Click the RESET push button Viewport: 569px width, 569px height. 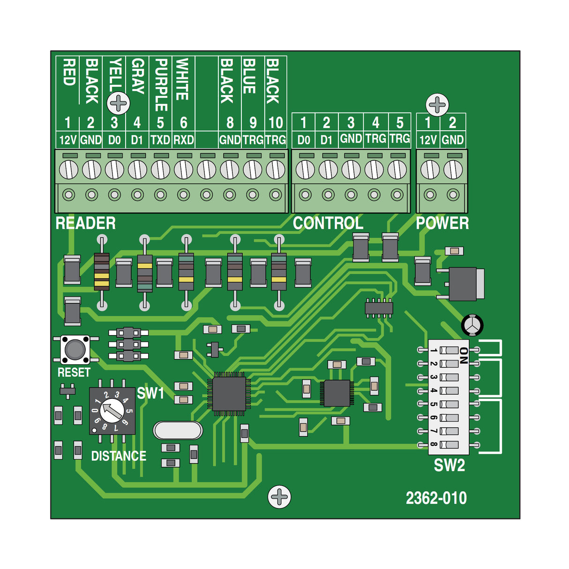tap(75, 349)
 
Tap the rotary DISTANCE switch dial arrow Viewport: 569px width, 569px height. tap(112, 410)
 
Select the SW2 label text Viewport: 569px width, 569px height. tap(449, 465)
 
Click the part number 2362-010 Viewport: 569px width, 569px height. tap(436, 498)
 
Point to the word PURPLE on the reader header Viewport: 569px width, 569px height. tap(161, 84)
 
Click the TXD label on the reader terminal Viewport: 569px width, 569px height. tap(160, 140)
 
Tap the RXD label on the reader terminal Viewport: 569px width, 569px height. tap(184, 140)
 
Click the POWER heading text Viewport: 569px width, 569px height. tap(442, 223)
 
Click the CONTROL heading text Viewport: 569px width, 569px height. tap(328, 223)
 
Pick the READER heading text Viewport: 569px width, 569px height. tap(85, 223)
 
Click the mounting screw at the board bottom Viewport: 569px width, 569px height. tap(279, 497)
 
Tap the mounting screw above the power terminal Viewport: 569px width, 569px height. tap(437, 105)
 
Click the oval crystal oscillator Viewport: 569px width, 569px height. tap(178, 430)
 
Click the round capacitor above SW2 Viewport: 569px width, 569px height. tap(472, 325)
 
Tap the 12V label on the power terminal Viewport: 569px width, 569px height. tap(428, 140)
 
